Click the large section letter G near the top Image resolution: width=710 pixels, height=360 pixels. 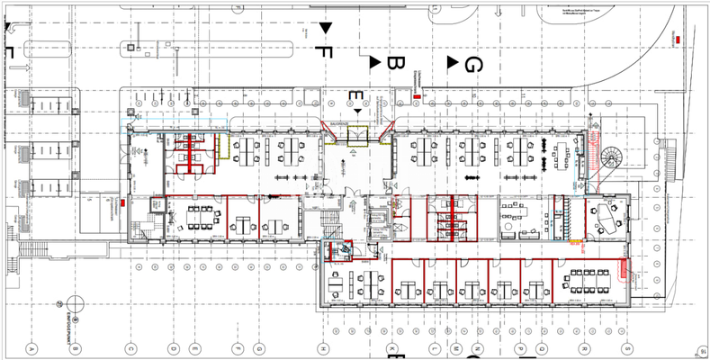[474, 64]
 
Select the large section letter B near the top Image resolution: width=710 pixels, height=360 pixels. [394, 64]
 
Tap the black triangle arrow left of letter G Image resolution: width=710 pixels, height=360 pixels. [453, 61]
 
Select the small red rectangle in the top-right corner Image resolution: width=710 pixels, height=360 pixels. [677, 39]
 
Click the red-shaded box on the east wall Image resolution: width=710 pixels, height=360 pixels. [624, 269]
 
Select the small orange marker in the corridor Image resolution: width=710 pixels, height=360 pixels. [572, 240]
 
